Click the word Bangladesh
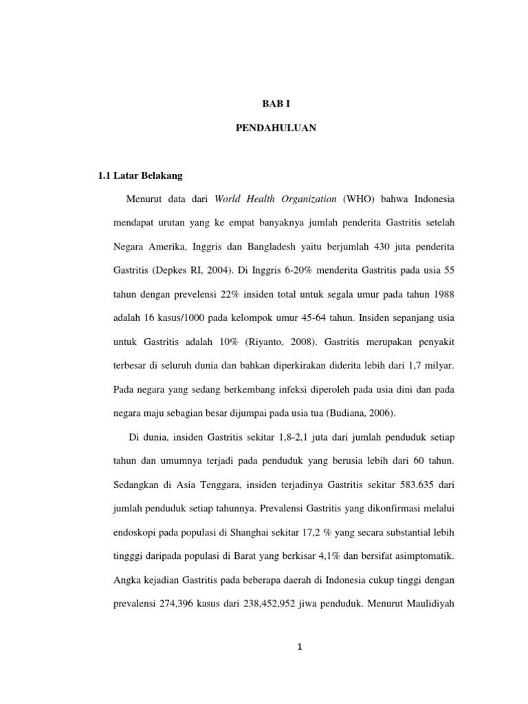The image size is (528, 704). click(x=294, y=246)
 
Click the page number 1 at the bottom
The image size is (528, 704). click(x=300, y=646)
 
